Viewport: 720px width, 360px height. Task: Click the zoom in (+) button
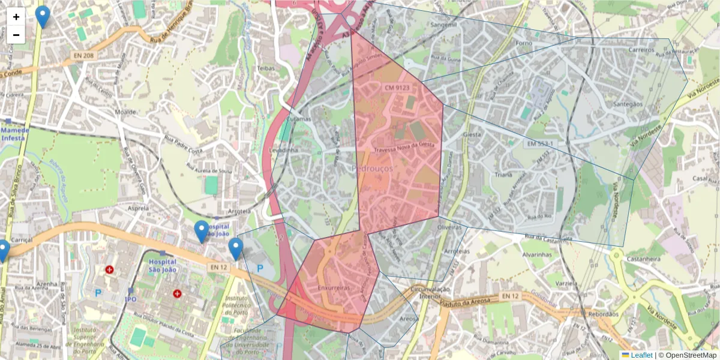click(16, 17)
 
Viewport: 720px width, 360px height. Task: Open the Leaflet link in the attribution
click(641, 355)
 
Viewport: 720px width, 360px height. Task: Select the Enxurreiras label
click(334, 289)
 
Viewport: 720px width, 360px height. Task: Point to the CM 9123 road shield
click(397, 88)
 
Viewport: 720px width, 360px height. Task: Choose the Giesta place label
click(472, 134)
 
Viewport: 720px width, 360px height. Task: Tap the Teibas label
click(266, 68)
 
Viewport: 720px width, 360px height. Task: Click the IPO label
click(130, 299)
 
